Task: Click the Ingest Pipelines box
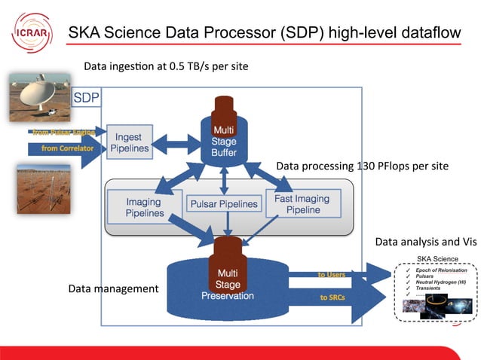point(130,143)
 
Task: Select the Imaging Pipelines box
point(144,208)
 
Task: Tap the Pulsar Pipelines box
point(223,204)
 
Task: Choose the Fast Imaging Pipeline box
point(302,204)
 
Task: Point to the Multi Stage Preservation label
point(228,284)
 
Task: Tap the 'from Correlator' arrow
point(64,149)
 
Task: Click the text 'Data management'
point(113,288)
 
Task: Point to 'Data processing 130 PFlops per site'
point(362,166)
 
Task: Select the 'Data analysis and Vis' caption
point(426,242)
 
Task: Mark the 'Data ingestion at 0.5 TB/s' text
point(166,66)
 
